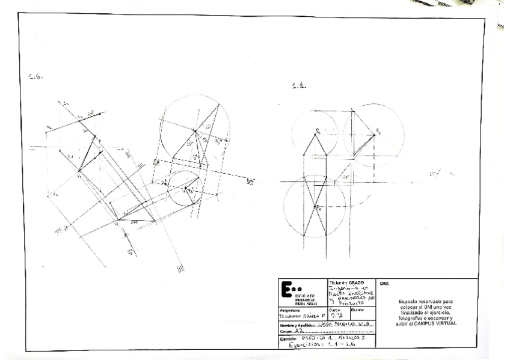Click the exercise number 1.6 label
pyautogui.click(x=35, y=78)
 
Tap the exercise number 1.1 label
pyautogui.click(x=299, y=86)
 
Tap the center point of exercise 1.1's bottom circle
pyautogui.click(x=316, y=206)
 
